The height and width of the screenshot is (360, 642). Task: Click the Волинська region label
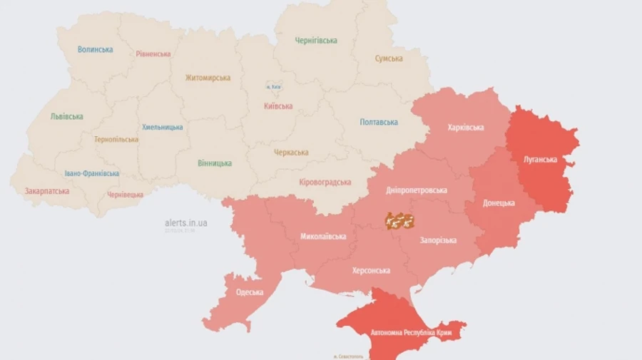(96, 49)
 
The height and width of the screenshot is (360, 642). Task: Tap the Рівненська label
(153, 53)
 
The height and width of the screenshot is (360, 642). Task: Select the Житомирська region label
(208, 78)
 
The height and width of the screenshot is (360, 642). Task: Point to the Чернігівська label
(316, 41)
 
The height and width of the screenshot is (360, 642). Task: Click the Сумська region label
(389, 58)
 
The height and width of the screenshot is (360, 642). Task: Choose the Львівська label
(66, 116)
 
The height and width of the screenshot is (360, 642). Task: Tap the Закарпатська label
(47, 191)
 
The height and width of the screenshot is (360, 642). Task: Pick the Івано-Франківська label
(92, 173)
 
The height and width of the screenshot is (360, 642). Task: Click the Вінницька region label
(215, 163)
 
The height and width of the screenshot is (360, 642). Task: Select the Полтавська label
(379, 122)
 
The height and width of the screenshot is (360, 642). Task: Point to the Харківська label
(466, 128)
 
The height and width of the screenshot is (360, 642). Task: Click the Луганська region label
(540, 159)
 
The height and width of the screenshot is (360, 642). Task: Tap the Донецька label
(499, 202)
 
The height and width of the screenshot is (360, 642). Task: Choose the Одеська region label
(249, 292)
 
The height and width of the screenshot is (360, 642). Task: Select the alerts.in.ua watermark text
(185, 222)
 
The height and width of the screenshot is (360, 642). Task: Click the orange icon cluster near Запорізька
(400, 220)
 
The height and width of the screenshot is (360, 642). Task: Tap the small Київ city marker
(273, 86)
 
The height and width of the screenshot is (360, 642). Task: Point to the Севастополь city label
(348, 356)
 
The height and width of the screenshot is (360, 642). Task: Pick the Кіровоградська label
(325, 182)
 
